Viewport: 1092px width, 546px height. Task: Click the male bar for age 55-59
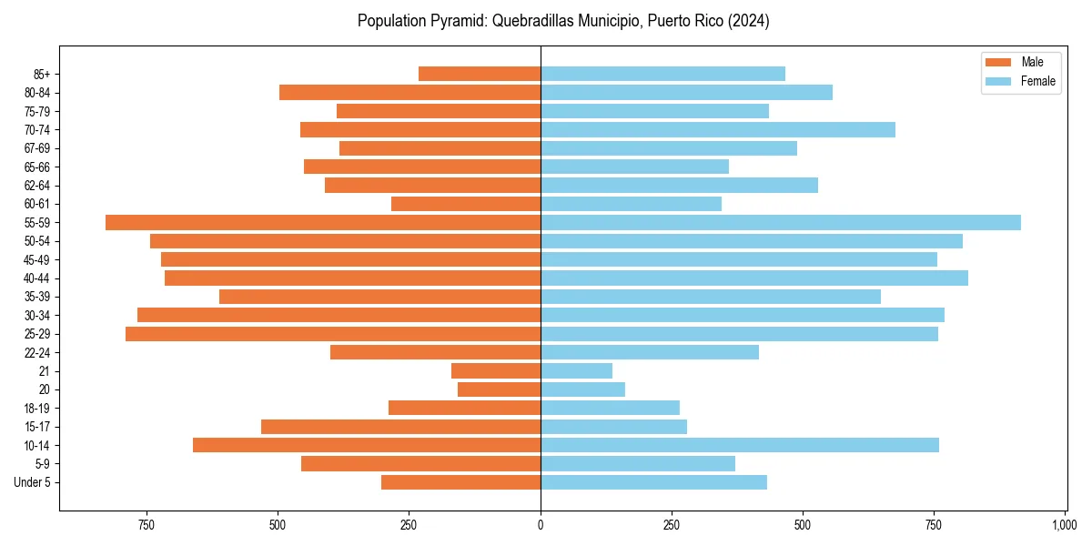[x=323, y=223]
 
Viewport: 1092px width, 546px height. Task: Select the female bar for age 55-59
[x=781, y=223]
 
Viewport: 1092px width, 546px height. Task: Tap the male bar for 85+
[x=480, y=74]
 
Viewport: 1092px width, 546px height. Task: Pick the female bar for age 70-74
[x=718, y=130]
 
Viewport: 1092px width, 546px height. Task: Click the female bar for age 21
[x=577, y=371]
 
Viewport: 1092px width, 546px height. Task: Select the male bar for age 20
[x=500, y=389]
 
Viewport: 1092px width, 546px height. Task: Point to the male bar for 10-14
[x=367, y=445]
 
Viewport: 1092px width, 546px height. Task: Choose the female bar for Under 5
[x=654, y=482]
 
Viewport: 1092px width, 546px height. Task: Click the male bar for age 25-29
[x=333, y=334]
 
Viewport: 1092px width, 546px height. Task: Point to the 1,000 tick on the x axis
[x=1065, y=525]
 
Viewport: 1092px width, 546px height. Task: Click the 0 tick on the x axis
[x=541, y=525]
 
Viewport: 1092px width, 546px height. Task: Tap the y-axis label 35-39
[x=36, y=298]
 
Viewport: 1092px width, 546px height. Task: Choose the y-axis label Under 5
[x=33, y=482]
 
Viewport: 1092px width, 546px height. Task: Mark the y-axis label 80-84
[x=36, y=93]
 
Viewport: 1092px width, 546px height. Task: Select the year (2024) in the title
[x=749, y=21]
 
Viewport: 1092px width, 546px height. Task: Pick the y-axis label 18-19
[x=36, y=409]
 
